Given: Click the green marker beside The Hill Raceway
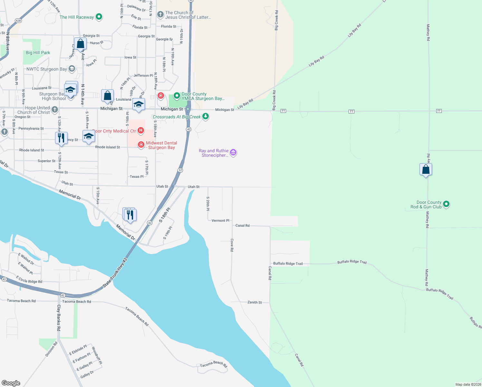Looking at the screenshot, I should coord(99,17).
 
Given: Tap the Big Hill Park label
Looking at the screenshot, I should coord(38,53).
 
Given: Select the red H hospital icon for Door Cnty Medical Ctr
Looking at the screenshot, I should coord(140,131).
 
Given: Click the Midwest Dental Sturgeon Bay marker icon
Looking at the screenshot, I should coord(141,144).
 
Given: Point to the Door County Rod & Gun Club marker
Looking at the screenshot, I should coord(446,204).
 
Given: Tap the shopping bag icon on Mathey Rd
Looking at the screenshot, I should coord(426,169).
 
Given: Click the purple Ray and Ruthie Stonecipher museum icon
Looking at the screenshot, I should coord(233,153).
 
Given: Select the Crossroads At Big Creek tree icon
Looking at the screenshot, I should coord(206,117).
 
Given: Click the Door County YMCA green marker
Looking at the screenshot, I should coord(177,96).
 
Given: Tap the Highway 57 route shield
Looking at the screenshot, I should coord(180,170).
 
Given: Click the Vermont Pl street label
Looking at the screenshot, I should coord(220,221).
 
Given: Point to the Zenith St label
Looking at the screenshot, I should coord(255,303).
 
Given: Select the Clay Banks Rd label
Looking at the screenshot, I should coord(59,318).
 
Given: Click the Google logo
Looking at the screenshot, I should coord(11,383).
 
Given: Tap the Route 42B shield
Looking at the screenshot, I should coord(18,21).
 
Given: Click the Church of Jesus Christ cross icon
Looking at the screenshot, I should coord(160,15).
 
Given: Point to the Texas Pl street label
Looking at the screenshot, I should coord(137,177).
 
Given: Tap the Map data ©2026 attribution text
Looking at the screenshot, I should coord(468,384).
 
